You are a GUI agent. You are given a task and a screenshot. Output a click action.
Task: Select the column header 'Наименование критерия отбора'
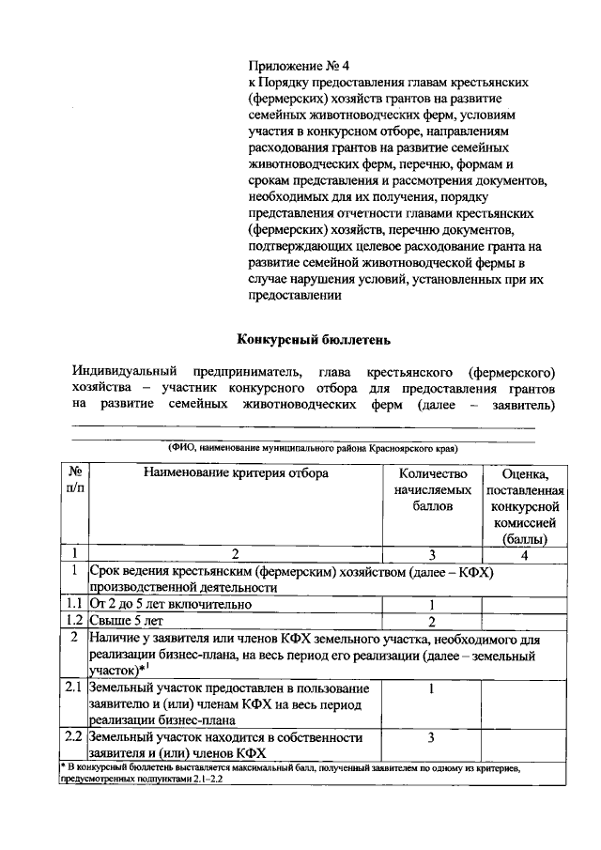tap(236, 474)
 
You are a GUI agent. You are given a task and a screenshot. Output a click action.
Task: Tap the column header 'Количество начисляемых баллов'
tap(433, 490)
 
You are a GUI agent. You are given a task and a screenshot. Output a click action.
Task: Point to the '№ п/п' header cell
tap(75, 482)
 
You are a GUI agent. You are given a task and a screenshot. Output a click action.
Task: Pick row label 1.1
tap(75, 604)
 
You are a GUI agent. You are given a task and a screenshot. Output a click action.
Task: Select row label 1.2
tap(75, 621)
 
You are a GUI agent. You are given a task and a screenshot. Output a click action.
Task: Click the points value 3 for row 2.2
tap(431, 737)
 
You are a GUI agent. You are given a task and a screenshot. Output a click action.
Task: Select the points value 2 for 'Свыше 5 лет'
tap(431, 621)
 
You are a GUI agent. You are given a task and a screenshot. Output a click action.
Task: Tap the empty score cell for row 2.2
tap(524, 745)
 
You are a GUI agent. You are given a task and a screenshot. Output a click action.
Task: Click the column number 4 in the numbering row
tap(524, 554)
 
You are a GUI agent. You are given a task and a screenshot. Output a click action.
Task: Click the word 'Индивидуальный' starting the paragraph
tap(122, 372)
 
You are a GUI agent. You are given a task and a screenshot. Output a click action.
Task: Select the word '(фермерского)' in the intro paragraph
tap(512, 372)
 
